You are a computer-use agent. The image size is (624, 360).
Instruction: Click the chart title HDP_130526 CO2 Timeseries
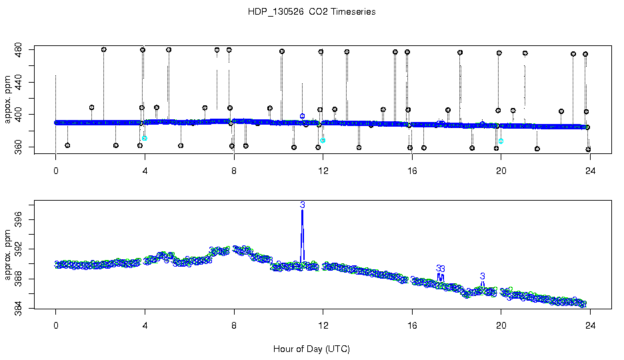311,12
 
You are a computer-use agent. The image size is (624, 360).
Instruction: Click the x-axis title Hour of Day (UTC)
311,349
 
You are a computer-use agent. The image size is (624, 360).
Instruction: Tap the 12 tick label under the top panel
323,170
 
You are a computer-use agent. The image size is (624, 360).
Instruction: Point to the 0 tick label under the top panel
56,170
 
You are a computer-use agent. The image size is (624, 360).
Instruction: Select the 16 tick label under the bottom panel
412,327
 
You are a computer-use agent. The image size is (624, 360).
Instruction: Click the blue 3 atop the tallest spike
302,205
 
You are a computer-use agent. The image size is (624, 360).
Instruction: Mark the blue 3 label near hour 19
482,276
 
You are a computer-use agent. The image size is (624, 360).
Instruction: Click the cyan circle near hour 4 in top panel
144,138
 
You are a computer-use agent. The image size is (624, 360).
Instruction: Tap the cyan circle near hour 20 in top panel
501,141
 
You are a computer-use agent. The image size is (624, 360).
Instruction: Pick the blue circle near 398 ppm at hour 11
302,116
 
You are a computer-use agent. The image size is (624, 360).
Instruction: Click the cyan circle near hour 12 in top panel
322,141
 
